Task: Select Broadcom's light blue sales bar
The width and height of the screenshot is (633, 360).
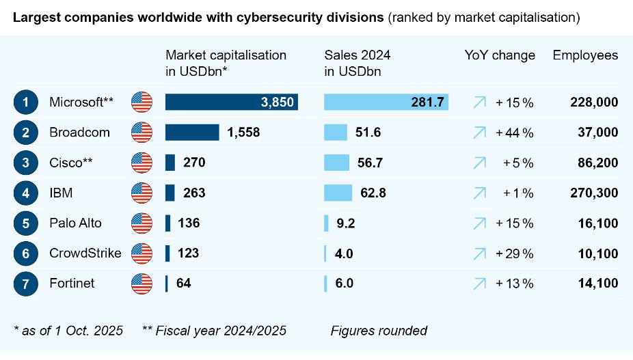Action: click(335, 133)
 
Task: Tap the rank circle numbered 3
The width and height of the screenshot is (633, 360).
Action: click(25, 163)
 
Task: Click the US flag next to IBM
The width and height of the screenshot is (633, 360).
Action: click(142, 193)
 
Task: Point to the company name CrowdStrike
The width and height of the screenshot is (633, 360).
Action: click(85, 253)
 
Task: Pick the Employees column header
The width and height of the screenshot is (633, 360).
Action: click(585, 55)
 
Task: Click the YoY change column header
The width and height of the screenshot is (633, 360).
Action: click(500, 55)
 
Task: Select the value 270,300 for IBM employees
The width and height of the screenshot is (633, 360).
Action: click(593, 193)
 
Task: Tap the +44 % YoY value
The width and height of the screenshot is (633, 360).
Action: click(515, 133)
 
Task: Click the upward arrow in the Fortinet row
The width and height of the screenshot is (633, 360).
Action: click(479, 283)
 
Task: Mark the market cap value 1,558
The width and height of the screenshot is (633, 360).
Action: click(243, 133)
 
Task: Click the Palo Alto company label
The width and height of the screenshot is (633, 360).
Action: click(75, 223)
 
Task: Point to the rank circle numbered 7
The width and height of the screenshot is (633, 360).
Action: click(25, 283)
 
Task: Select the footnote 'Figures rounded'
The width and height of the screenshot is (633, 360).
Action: click(379, 331)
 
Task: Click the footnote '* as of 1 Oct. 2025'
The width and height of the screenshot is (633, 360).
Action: click(68, 331)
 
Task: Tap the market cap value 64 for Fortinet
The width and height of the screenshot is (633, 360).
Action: click(183, 283)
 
